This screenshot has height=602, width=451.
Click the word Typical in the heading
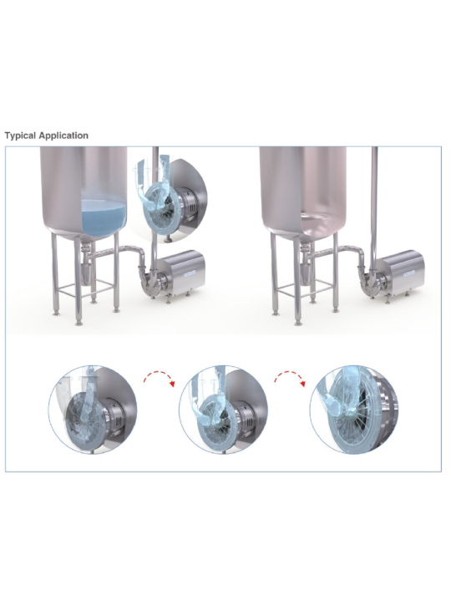[x=20, y=135]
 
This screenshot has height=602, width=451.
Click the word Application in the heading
[x=63, y=135]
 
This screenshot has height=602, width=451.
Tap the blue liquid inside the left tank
[x=104, y=217]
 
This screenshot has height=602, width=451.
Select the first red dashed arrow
[x=160, y=377]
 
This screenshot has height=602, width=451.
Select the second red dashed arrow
[x=290, y=377]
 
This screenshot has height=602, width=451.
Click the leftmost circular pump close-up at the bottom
[x=93, y=410]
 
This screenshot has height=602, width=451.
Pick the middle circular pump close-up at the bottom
[x=223, y=410]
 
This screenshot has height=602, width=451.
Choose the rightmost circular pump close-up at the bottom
[x=354, y=410]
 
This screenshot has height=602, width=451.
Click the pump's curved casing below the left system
[x=150, y=284]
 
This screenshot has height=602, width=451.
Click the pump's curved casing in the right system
[x=369, y=284]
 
